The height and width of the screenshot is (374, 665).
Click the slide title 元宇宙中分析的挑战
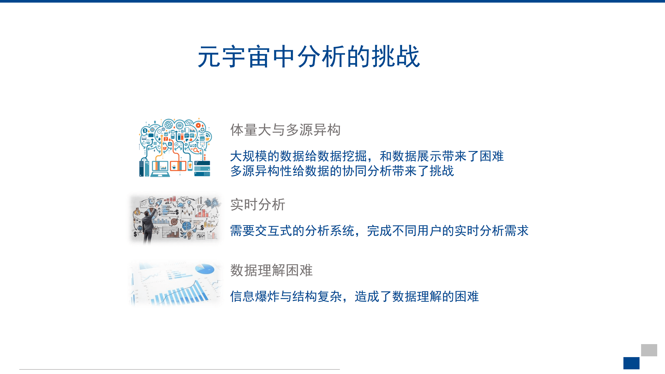click(x=309, y=56)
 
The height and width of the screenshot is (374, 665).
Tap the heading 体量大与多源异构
click(x=285, y=130)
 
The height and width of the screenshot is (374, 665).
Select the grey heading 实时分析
click(x=258, y=204)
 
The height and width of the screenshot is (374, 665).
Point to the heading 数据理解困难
click(x=271, y=270)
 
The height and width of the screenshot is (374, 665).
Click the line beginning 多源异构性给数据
click(x=342, y=171)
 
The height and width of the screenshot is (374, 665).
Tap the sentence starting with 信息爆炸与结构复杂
click(x=354, y=296)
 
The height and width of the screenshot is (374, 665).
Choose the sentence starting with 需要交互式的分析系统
click(x=379, y=231)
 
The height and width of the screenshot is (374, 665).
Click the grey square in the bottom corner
click(x=649, y=350)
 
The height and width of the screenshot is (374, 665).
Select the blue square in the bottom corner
click(x=631, y=363)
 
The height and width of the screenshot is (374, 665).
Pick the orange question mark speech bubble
click(x=166, y=140)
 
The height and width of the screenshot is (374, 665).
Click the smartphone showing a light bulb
click(x=190, y=166)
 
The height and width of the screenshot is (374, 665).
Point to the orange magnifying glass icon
click(x=195, y=150)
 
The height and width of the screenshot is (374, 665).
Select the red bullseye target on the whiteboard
click(x=174, y=222)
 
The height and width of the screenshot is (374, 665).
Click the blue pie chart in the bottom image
click(x=205, y=269)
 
